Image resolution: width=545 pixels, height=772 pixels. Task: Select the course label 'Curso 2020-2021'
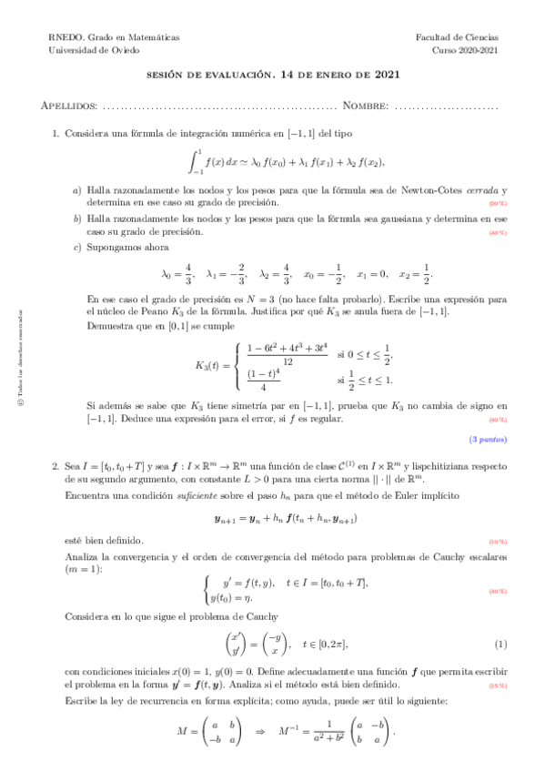(x=465, y=51)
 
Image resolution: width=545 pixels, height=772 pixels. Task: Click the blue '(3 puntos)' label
(x=489, y=440)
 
